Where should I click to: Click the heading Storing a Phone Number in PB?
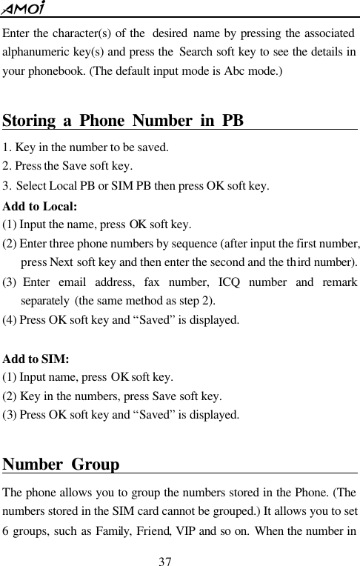coord(124,120)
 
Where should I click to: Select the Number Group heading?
coord(61,465)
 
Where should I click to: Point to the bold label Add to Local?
coord(41,206)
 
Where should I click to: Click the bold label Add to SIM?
coord(36,359)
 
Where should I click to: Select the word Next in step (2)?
coord(61,263)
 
